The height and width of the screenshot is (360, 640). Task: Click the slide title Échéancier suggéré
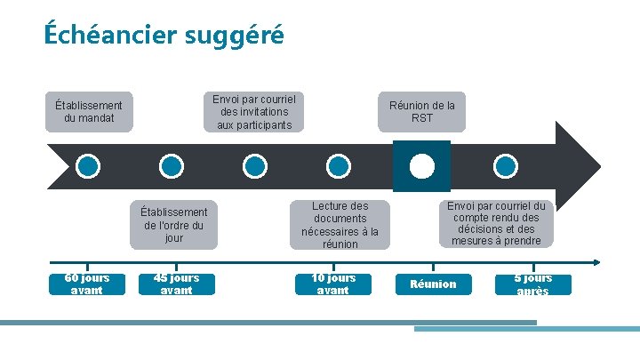point(164,35)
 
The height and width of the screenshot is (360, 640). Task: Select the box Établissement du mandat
point(89,112)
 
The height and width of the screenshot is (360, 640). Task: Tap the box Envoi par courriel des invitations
point(253,112)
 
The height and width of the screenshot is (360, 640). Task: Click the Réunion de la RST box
point(421,112)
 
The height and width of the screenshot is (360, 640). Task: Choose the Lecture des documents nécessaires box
point(340,225)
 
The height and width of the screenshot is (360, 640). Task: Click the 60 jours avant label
point(87,284)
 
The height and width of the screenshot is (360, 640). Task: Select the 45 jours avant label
point(176,284)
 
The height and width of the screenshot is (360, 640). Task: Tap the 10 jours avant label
point(332,284)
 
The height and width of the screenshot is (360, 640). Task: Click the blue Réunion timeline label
point(433,284)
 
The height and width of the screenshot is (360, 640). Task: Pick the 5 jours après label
point(532,284)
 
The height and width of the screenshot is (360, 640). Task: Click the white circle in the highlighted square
point(421,166)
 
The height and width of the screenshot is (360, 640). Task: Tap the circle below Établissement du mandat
point(88,166)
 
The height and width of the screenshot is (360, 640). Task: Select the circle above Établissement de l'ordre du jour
point(171,166)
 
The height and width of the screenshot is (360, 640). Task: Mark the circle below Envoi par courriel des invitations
point(254,166)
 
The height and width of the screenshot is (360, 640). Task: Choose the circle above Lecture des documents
point(338,166)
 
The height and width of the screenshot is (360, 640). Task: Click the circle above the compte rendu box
point(505,166)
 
